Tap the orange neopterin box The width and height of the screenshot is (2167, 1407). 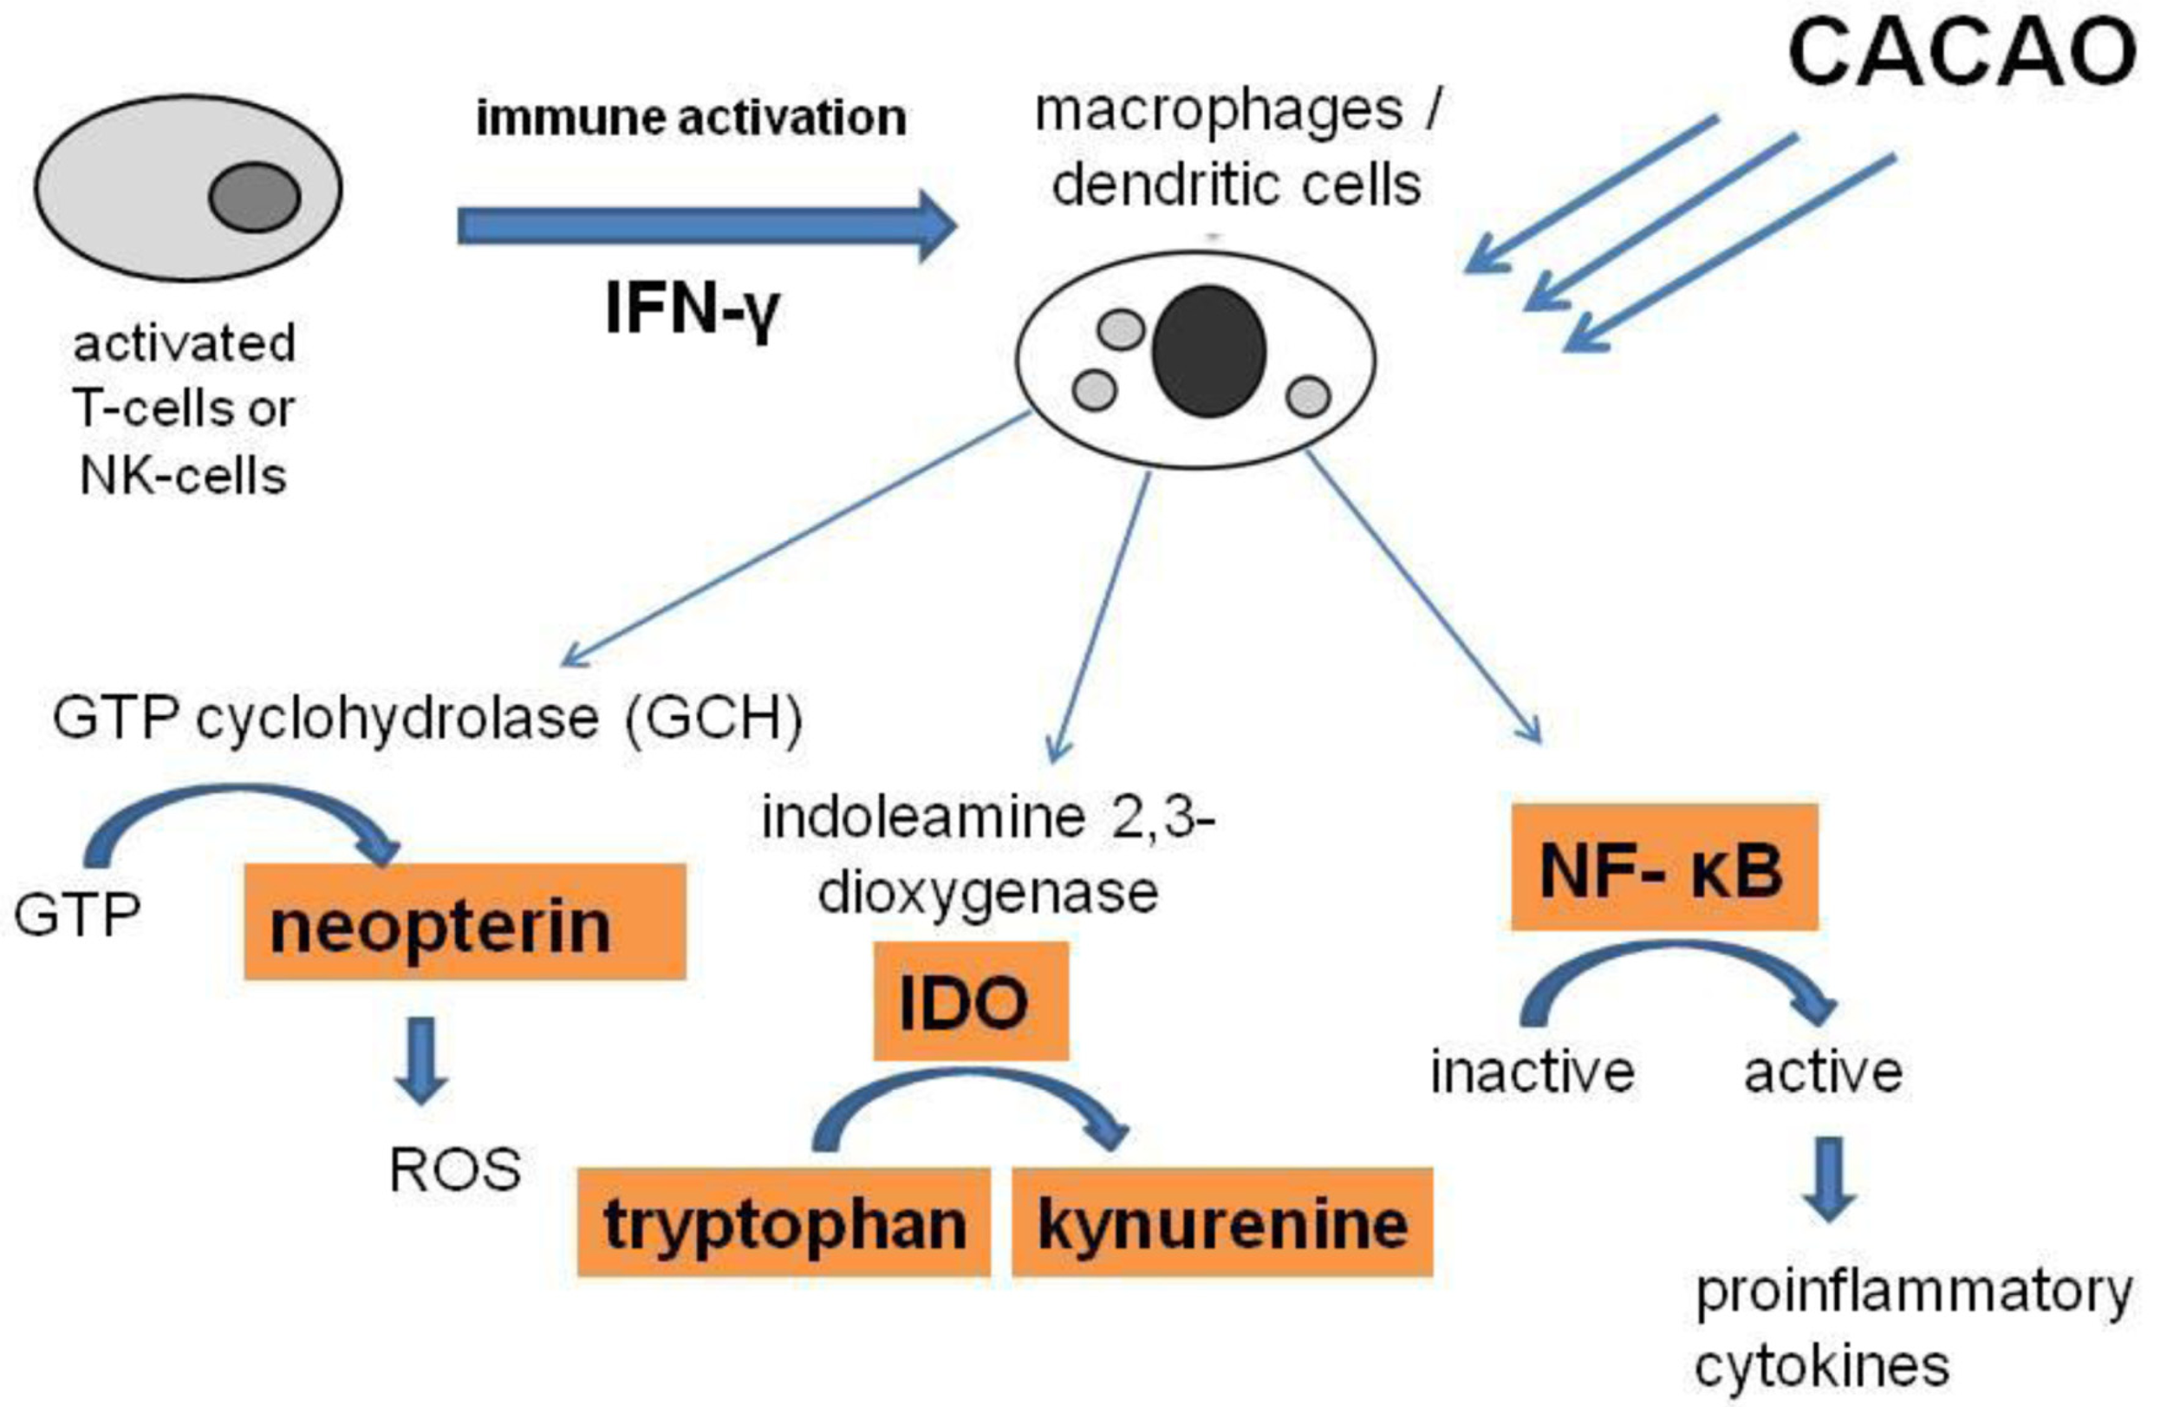pyautogui.click(x=465, y=922)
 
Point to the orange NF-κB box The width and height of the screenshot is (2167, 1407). pyautogui.click(x=1663, y=867)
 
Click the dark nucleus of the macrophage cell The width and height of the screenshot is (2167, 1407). pyautogui.click(x=1208, y=351)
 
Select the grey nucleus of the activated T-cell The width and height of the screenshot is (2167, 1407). pyautogui.click(x=254, y=197)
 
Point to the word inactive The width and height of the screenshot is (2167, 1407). pyautogui.click(x=1533, y=1072)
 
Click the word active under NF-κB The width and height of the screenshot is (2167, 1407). pyautogui.click(x=1823, y=1072)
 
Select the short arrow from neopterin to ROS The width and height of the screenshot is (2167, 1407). pyautogui.click(x=420, y=1061)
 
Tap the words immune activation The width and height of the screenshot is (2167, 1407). pyautogui.click(x=691, y=118)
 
